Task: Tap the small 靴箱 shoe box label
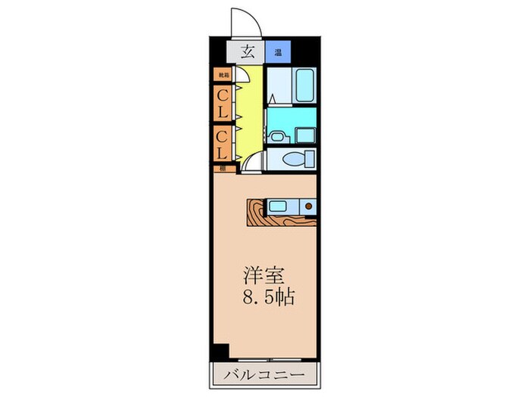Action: (223, 75)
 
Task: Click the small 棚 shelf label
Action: (223, 169)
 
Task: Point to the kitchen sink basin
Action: (277, 206)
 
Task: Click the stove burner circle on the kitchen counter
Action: (308, 206)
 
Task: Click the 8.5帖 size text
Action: (267, 296)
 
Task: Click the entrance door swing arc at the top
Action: (244, 19)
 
